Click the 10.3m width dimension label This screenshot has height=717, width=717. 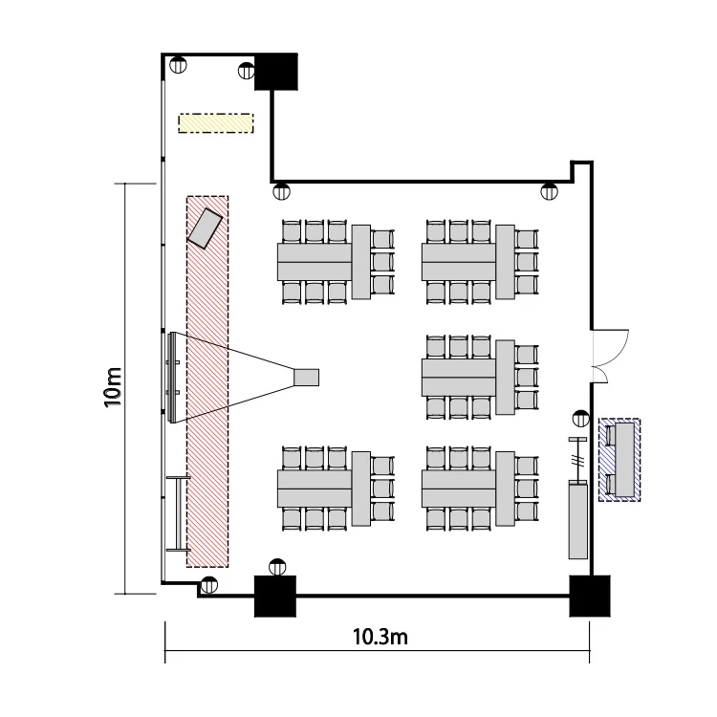(380, 637)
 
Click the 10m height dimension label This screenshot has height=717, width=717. (113, 387)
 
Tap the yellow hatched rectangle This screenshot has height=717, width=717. (216, 123)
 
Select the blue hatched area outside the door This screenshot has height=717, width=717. (619, 460)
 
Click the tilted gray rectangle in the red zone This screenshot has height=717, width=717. (205, 228)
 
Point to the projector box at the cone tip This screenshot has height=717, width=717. (306, 378)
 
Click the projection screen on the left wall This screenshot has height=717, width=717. (172, 378)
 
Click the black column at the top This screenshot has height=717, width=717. (275, 72)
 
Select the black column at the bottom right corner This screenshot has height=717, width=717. (590, 596)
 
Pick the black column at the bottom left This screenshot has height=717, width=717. (274, 596)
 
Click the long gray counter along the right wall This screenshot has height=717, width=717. (577, 519)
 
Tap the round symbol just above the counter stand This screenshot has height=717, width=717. (580, 419)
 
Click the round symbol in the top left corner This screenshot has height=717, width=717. (178, 64)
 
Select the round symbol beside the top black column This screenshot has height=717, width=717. (247, 71)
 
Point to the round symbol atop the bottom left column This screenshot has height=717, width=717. (277, 567)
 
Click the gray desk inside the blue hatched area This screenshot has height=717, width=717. (625, 460)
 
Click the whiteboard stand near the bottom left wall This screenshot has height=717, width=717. (179, 513)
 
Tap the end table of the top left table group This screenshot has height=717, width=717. (361, 262)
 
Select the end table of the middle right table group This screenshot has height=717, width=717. (506, 378)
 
